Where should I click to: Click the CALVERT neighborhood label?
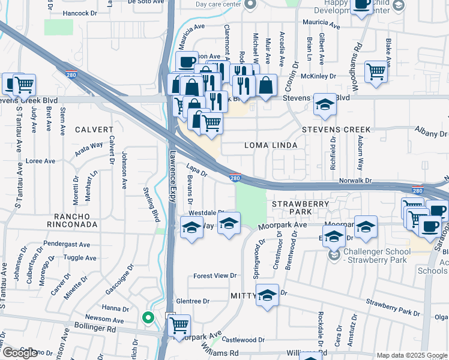94,130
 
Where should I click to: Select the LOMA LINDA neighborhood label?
267,145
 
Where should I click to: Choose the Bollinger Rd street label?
95,329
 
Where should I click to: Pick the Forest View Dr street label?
215,276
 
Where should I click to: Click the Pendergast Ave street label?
66,245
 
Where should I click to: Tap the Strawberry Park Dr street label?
393,307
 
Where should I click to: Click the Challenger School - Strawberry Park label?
376,255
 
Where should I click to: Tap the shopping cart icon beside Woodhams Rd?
376,71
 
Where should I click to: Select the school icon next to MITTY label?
268,295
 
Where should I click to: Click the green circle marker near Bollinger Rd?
148,317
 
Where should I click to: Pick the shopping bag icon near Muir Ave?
267,85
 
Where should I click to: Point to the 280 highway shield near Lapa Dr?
235,177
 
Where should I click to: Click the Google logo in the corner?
20,353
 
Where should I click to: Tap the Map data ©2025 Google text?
411,355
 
